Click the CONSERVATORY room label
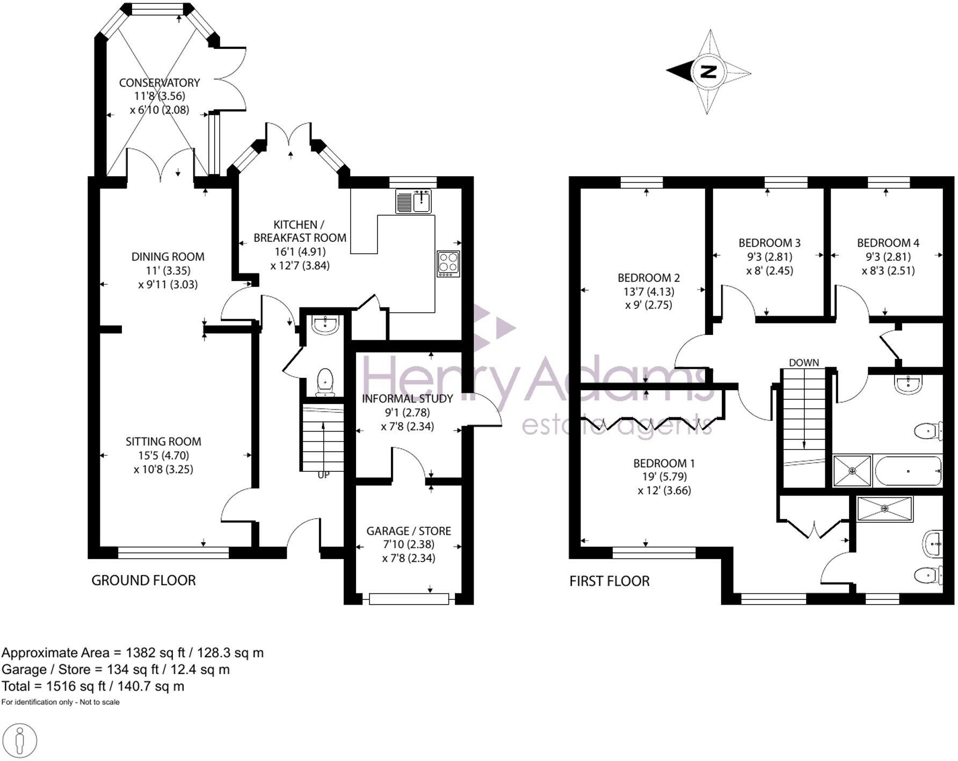[159, 83]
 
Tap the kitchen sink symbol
[415, 202]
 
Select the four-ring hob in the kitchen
[448, 264]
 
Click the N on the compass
[708, 71]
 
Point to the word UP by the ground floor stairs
[323, 475]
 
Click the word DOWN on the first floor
[804, 363]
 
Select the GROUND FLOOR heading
[143, 580]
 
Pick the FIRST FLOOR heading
[609, 581]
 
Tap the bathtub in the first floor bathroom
[908, 471]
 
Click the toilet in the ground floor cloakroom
[325, 382]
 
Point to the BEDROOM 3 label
[770, 243]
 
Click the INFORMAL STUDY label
[407, 399]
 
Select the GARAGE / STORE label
[409, 531]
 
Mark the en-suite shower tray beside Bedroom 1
[884, 508]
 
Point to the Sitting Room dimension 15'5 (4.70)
[163, 455]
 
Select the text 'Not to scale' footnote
[100, 702]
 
